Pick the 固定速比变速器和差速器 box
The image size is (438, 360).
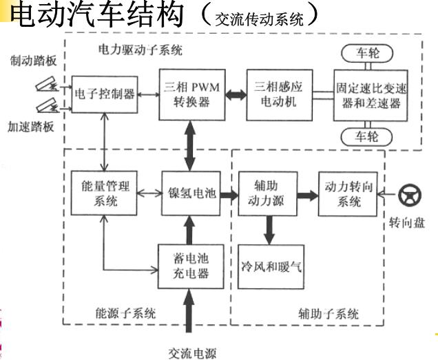367,95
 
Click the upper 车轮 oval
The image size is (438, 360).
367,54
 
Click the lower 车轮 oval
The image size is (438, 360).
367,136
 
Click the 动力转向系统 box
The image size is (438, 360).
348,193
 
